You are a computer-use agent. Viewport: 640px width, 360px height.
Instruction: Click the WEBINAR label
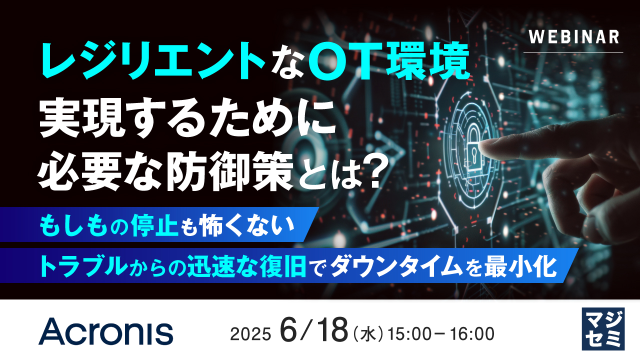click(x=573, y=37)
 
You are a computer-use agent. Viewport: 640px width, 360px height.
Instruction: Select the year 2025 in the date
click(x=250, y=333)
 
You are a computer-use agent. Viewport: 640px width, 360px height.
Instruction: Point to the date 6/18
click(x=313, y=330)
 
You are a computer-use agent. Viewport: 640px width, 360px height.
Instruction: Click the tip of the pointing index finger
click(x=482, y=146)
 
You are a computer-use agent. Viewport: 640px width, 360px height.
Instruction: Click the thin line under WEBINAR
click(x=573, y=52)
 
